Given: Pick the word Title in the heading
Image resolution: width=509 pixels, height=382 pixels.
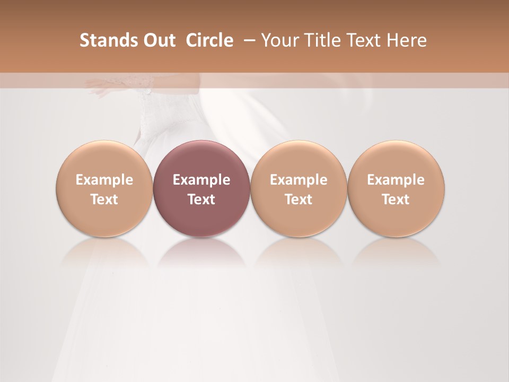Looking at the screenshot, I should point(323,40).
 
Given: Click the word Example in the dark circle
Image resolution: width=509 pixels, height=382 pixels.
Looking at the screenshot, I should point(201,180).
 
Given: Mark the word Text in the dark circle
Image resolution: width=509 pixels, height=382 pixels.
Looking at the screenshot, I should point(201,199).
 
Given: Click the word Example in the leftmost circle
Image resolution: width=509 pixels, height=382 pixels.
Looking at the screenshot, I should point(104,180).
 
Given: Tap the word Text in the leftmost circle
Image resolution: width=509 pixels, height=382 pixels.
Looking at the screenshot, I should point(104,199).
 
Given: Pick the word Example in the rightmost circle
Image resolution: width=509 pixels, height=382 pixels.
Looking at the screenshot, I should point(396,180).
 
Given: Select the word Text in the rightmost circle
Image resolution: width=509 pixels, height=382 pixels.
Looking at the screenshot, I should point(396,199).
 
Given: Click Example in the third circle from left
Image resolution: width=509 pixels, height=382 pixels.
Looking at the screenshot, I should point(299,180).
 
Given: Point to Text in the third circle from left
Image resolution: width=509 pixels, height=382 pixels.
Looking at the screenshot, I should point(299,199).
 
